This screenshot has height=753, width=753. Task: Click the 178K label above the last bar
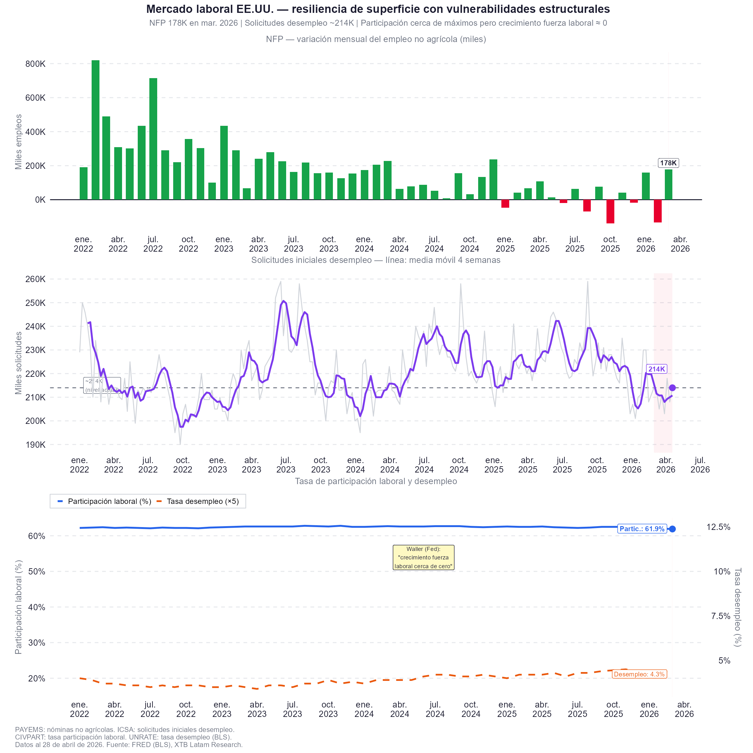click(668, 163)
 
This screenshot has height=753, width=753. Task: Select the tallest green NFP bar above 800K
click(95, 130)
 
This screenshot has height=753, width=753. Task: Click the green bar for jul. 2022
click(153, 139)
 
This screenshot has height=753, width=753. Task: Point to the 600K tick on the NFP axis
click(35, 98)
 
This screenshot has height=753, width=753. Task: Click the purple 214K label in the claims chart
click(656, 369)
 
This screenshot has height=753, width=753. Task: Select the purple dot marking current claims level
click(672, 388)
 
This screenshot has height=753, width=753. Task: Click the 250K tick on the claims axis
click(35, 303)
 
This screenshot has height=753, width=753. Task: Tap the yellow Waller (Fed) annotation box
click(423, 557)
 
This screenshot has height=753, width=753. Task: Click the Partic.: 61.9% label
click(642, 529)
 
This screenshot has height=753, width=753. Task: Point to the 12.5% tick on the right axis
click(718, 527)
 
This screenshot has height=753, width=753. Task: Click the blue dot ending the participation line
click(672, 529)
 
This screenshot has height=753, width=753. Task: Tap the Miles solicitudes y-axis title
click(18, 363)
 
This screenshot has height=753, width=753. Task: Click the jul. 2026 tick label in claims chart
click(700, 465)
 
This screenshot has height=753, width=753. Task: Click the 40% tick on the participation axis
click(37, 607)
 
